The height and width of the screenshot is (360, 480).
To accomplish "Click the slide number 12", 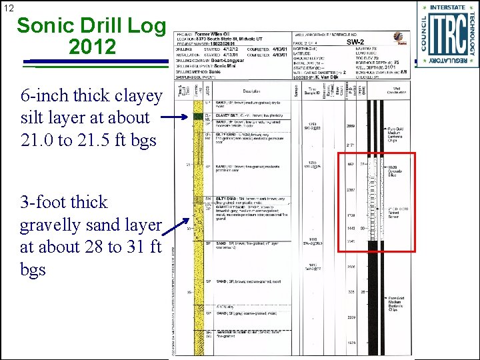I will click(x=8, y=7).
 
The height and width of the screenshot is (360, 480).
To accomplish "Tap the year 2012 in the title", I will click(x=92, y=46).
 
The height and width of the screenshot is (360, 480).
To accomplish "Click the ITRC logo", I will click(x=447, y=33).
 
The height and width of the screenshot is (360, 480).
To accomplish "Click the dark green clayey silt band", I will click(x=197, y=117).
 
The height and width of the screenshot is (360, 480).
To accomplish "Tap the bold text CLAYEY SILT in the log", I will click(x=228, y=115).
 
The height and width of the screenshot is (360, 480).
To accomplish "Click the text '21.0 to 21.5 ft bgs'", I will click(x=89, y=140).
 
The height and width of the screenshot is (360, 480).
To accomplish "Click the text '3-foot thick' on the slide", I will click(x=63, y=202).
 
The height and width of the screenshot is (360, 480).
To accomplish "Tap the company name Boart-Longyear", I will click(x=228, y=61).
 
